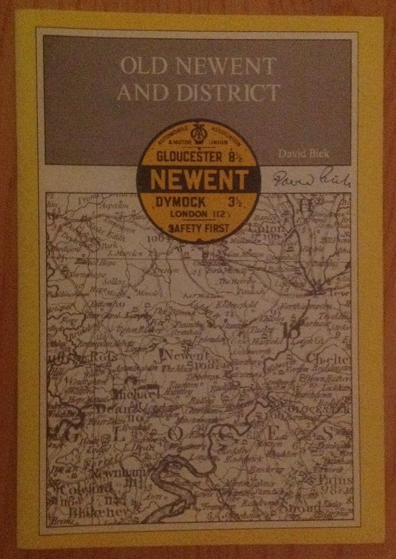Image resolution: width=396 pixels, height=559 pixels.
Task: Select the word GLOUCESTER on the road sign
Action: point(181,157)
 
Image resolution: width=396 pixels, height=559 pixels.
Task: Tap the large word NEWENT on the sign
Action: point(198,180)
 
